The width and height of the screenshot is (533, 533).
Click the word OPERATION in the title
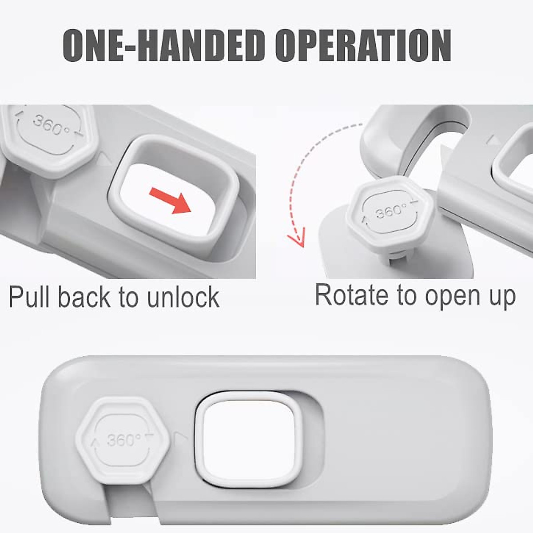click(x=363, y=46)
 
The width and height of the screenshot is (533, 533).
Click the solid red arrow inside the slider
click(x=170, y=200)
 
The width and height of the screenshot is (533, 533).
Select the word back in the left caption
click(x=84, y=297)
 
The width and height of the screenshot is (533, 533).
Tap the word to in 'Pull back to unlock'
click(x=128, y=298)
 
